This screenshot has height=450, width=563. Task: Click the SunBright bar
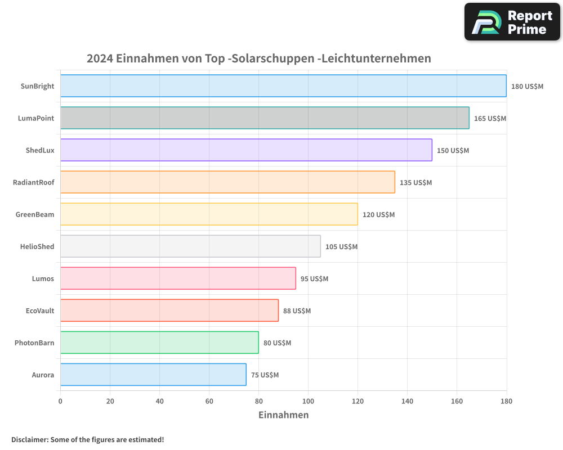pos(283,86)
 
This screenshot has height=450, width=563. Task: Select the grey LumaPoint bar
pos(265,118)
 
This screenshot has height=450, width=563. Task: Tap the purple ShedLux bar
pos(246,150)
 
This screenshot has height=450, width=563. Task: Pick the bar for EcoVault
pos(169,310)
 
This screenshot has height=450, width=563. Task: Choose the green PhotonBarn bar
pos(159,343)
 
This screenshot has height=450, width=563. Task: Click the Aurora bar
pos(153,375)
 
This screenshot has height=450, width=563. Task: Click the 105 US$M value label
pos(341,247)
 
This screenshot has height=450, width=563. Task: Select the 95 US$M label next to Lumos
pos(314,279)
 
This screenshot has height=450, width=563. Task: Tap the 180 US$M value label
pos(527,87)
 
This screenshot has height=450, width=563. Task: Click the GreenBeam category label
pos(35,214)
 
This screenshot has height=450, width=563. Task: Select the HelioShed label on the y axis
pos(37,246)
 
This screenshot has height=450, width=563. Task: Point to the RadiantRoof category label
pos(34,182)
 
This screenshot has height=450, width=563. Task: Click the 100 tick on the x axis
pos(308,401)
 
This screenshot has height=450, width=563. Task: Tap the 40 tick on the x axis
pos(159,401)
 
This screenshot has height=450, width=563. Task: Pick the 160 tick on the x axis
pos(457,401)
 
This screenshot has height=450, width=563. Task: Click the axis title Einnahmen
pos(283,415)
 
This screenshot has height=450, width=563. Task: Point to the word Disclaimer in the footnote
pos(29,439)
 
